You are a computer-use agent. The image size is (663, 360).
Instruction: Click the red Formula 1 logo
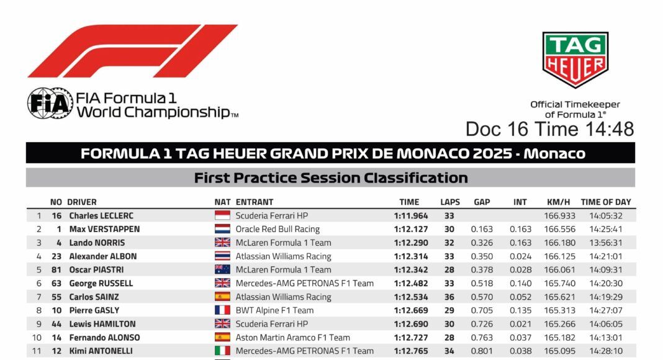click(x=133, y=51)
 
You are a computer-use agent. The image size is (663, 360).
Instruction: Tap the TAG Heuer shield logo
click(x=575, y=60)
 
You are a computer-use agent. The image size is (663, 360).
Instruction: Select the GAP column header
click(x=482, y=202)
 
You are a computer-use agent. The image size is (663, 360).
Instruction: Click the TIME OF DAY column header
click(x=605, y=202)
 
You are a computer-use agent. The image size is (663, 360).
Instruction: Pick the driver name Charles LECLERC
click(x=101, y=215)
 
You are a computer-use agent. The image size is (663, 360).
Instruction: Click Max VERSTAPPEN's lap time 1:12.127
click(x=411, y=229)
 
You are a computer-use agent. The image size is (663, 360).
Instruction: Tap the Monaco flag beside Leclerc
click(x=222, y=215)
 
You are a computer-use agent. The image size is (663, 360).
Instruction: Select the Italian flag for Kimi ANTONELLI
click(x=222, y=351)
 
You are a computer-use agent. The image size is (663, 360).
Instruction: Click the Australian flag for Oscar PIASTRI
click(x=222, y=269)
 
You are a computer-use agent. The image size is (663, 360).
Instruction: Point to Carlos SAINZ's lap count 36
click(x=449, y=297)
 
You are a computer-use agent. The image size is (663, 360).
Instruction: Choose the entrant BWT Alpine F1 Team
click(x=274, y=310)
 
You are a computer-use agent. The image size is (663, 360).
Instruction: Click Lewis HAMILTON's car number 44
click(x=56, y=323)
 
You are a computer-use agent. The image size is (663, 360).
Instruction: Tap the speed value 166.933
click(x=559, y=215)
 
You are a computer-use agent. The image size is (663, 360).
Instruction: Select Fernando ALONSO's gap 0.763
click(x=482, y=337)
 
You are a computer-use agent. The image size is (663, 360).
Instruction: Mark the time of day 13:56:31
click(x=605, y=243)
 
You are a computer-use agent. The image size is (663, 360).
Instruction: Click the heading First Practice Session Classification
click(x=331, y=178)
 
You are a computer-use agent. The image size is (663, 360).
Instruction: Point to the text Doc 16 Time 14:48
click(x=549, y=129)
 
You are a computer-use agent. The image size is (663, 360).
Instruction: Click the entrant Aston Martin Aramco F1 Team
click(x=292, y=337)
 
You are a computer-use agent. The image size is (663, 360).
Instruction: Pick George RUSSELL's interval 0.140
click(x=520, y=283)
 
